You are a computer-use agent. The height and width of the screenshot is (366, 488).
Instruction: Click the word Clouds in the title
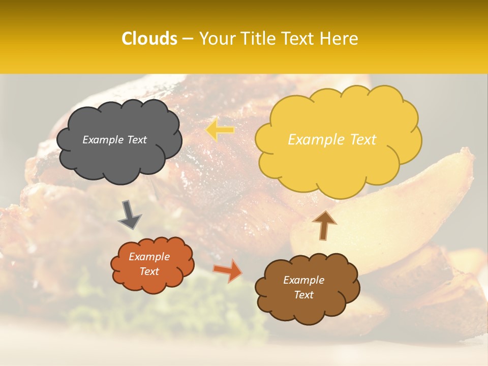[x=149, y=39]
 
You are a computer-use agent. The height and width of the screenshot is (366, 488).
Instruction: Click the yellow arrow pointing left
[x=220, y=130]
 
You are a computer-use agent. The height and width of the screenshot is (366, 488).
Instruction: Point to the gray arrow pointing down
[x=129, y=215]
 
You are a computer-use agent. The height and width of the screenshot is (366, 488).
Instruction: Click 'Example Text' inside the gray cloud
[x=114, y=140]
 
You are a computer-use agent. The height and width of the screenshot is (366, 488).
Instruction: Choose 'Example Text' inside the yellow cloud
[x=332, y=140]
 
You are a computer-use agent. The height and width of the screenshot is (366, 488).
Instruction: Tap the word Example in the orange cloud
[x=149, y=257]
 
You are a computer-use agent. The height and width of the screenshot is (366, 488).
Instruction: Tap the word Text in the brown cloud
[x=303, y=295]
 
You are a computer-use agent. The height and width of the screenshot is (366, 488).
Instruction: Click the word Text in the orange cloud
[x=149, y=271]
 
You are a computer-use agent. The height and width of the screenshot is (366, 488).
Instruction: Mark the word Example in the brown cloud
[x=303, y=280]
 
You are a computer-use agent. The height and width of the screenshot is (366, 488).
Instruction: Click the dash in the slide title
[x=188, y=39]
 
